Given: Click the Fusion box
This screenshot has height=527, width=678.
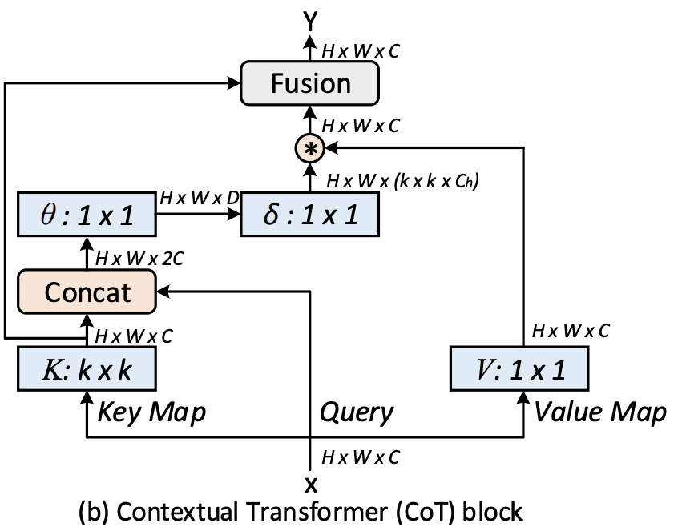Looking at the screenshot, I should pos(310,83).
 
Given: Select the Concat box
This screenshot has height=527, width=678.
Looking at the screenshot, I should pos(87,292).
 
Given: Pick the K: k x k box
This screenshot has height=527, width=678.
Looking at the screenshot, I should pos(87,369).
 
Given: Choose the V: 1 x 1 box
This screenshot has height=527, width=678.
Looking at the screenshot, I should pos(519,369).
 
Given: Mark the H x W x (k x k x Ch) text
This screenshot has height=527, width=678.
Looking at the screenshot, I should pos(403,181).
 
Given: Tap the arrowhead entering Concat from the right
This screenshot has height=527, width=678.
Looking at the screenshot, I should pos(164,292).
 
